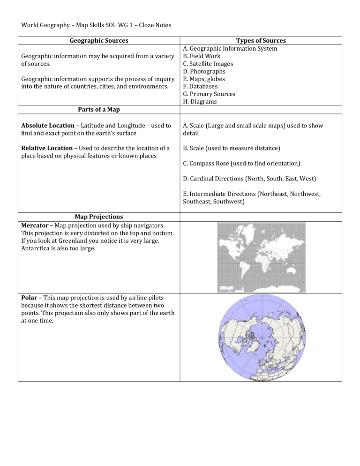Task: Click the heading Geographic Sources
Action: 98,41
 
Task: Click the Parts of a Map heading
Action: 98,110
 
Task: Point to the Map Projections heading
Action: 99,217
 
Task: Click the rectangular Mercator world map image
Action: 261,257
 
